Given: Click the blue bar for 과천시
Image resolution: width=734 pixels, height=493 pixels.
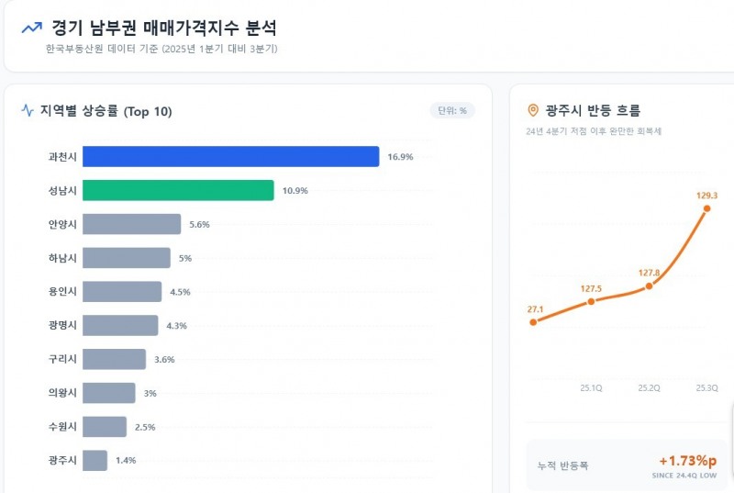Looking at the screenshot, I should (230, 157).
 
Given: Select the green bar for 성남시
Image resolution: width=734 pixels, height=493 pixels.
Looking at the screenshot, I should (178, 191).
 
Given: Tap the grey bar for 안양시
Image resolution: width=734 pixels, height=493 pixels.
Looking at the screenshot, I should (131, 225).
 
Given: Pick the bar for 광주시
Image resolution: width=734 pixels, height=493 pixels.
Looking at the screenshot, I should (95, 460).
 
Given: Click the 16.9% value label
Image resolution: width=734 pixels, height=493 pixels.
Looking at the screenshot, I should (400, 157).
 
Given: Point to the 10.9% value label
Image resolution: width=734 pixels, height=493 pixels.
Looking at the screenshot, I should (295, 191).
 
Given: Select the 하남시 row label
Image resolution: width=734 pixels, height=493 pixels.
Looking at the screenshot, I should (63, 258).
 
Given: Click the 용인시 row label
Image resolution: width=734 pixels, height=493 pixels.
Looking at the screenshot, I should (63, 292).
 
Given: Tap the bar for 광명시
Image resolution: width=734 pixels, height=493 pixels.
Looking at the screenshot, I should (120, 325).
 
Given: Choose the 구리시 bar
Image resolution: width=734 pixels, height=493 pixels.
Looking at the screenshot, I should (114, 359).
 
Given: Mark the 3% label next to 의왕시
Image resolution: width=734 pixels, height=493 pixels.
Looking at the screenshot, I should (150, 393).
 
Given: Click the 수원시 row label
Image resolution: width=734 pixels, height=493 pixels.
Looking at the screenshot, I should (63, 427).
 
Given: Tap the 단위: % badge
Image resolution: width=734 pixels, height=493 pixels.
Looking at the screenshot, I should (452, 111).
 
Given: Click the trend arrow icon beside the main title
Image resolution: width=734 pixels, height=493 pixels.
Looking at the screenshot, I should (31, 28).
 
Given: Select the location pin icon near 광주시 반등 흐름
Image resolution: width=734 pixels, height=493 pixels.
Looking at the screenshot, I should (533, 111).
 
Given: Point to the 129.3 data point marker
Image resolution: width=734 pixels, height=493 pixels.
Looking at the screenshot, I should (706, 209).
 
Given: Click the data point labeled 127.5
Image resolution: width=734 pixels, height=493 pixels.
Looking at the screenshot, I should (591, 301).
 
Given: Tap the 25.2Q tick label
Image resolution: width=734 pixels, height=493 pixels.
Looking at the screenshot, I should (649, 387).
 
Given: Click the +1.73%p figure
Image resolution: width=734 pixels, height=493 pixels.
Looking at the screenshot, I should (687, 460).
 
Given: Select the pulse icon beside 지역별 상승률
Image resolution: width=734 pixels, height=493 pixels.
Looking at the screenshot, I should (28, 111).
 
